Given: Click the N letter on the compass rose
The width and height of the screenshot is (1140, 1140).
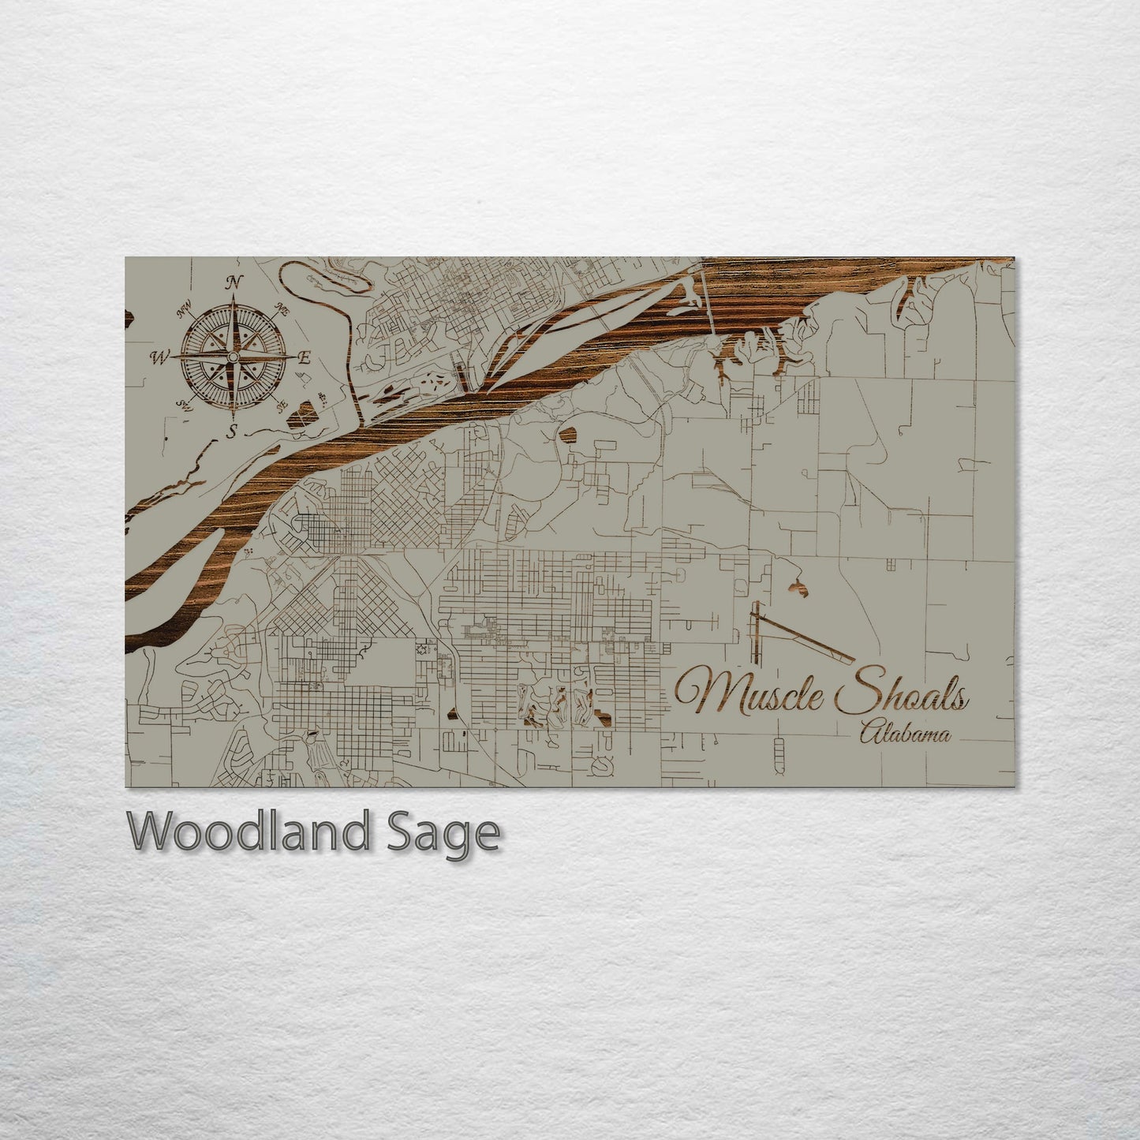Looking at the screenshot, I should [234, 282].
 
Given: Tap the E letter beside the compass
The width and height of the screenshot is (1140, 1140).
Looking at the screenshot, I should [304, 357].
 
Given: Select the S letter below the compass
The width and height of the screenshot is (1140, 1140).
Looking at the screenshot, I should [233, 431].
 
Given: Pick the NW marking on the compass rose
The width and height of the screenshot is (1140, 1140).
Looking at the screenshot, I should [186, 313].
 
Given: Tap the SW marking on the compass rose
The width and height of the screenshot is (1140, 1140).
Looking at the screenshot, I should [186, 406].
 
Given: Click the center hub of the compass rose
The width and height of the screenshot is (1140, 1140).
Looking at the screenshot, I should [233, 358].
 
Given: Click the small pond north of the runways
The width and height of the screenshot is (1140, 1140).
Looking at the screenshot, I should [798, 586].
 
